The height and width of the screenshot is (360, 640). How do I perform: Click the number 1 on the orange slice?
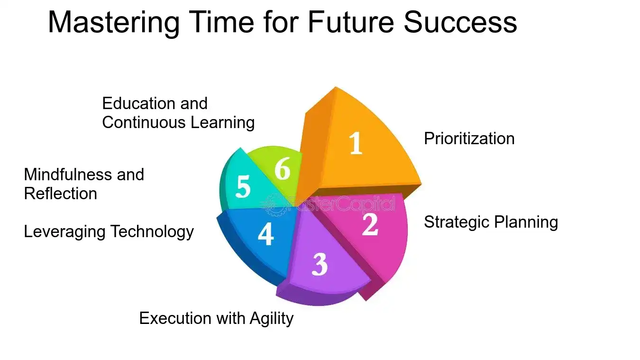click(x=356, y=143)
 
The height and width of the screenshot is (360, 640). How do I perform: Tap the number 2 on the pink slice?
click(x=370, y=224)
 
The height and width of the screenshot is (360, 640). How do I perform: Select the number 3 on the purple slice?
click(x=320, y=264)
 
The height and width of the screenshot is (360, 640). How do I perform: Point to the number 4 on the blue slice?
click(x=265, y=234)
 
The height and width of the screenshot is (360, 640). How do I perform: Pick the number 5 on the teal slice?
click(x=243, y=187)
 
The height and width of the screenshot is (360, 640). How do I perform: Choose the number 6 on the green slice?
click(x=282, y=169)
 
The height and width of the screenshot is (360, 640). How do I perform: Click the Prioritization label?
click(x=469, y=138)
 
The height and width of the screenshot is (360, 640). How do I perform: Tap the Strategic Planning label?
click(x=491, y=222)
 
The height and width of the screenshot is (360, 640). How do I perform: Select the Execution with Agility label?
click(x=216, y=318)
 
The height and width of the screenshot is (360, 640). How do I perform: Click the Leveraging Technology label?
click(x=109, y=231)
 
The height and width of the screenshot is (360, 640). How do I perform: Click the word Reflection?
click(x=60, y=194)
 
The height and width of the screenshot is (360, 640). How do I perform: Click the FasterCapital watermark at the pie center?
click(x=332, y=204)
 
